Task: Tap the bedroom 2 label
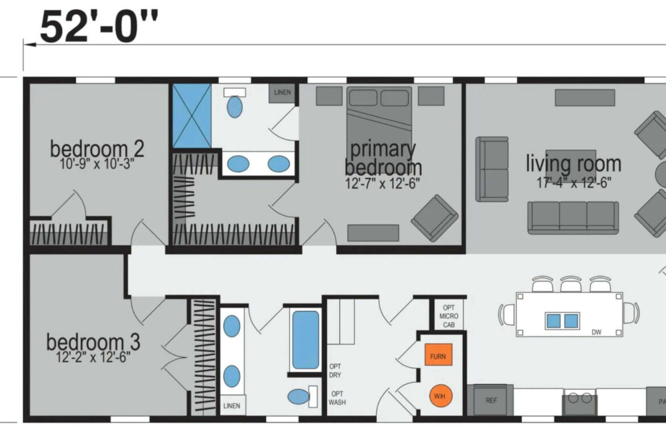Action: (97, 149)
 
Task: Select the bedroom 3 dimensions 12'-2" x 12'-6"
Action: (93, 358)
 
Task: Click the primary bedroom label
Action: (383, 158)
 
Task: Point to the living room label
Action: (573, 163)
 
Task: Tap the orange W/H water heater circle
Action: (440, 396)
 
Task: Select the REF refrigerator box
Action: (491, 400)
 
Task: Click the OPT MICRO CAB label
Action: (449, 316)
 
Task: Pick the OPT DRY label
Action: (335, 371)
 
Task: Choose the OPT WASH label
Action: (337, 398)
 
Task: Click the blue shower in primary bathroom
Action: (192, 116)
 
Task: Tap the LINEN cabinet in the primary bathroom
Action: (282, 93)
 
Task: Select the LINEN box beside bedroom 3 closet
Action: (232, 405)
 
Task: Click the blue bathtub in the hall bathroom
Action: (306, 340)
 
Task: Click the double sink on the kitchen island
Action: (562, 321)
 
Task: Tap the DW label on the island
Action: (597, 333)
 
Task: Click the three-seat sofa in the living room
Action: (573, 217)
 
